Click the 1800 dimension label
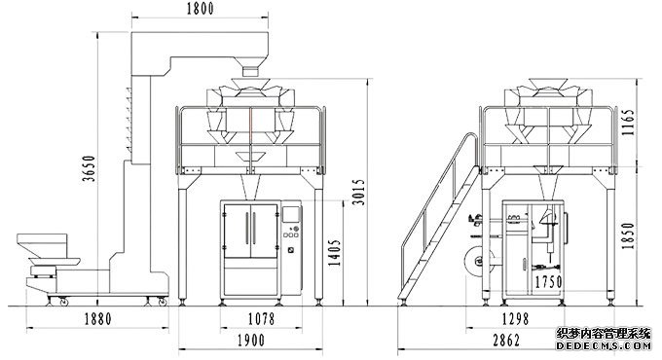click(201, 9)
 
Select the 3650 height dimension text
click(90, 168)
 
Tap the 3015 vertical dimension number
click(358, 192)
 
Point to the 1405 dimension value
click(334, 252)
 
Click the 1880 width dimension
click(98, 318)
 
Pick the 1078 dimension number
click(261, 318)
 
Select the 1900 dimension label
click(251, 341)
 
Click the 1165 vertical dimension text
click(628, 123)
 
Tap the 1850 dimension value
click(628, 235)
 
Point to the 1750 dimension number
click(548, 282)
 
